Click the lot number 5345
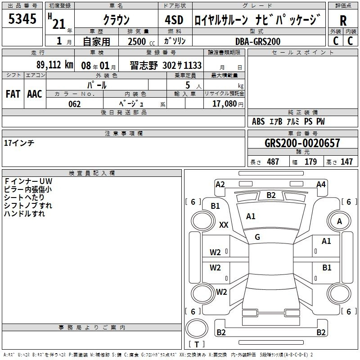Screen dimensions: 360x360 pyautogui.click(x=22, y=18)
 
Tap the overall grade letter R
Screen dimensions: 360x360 pyautogui.click(x=343, y=20)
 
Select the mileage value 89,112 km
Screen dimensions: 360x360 pyautogui.click(x=54, y=65)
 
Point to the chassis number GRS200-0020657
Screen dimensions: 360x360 pyautogui.click(x=302, y=143)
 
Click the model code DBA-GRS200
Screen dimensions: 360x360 pyautogui.click(x=258, y=41)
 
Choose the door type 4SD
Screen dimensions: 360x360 pyautogui.click(x=174, y=20)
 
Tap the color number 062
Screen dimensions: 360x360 pyautogui.click(x=75, y=104)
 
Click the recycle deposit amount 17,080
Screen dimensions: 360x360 pyautogui.click(x=225, y=104)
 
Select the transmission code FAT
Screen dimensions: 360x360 pyautogui.click(x=13, y=94)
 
